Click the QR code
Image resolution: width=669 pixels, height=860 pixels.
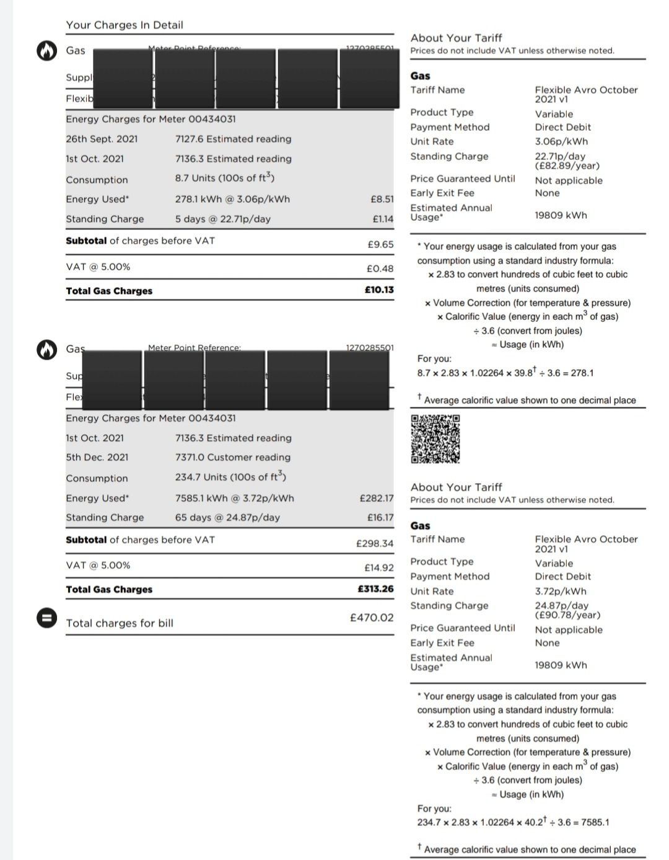[435, 439]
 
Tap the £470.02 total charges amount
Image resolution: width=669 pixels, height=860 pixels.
[372, 618]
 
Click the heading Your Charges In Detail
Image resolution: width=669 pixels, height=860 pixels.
[125, 25]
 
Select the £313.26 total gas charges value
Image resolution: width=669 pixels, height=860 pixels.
[375, 588]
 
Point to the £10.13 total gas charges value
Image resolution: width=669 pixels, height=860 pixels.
[379, 290]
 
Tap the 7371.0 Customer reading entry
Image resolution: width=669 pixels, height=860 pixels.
[232, 457]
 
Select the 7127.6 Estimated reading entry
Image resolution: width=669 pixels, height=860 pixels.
[233, 139]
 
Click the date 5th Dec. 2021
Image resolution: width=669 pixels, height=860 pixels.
[97, 457]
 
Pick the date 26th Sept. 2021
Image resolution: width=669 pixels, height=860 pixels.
[102, 139]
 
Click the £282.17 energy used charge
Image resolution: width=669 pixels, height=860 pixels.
[376, 498]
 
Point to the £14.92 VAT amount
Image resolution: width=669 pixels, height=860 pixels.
[378, 567]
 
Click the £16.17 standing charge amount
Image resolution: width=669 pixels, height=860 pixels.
[380, 517]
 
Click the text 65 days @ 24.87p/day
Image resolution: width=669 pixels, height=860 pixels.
[227, 517]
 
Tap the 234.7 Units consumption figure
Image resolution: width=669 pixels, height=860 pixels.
[230, 477]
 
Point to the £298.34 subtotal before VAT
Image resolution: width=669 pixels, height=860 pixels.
[374, 543]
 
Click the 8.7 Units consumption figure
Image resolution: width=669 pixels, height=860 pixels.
[224, 178]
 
